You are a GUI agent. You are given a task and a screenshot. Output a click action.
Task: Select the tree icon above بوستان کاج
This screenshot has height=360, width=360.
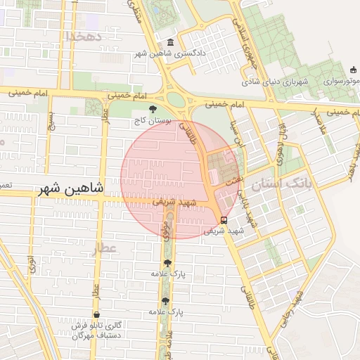point(153,108)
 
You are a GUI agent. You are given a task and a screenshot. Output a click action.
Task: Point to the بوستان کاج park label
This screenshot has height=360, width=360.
point(153,120)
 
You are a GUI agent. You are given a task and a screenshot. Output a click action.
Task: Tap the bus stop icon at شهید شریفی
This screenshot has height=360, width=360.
point(224,219)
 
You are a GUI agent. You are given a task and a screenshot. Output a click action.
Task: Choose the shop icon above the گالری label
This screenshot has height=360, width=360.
point(96,314)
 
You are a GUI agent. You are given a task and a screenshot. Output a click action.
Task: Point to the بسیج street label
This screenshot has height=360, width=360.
point(50,122)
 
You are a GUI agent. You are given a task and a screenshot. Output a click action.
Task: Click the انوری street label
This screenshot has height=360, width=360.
point(31,265)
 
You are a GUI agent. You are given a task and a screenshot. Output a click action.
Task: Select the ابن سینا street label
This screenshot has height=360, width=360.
point(238,134)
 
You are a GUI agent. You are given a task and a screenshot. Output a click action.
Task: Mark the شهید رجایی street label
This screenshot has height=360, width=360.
point(293,303)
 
